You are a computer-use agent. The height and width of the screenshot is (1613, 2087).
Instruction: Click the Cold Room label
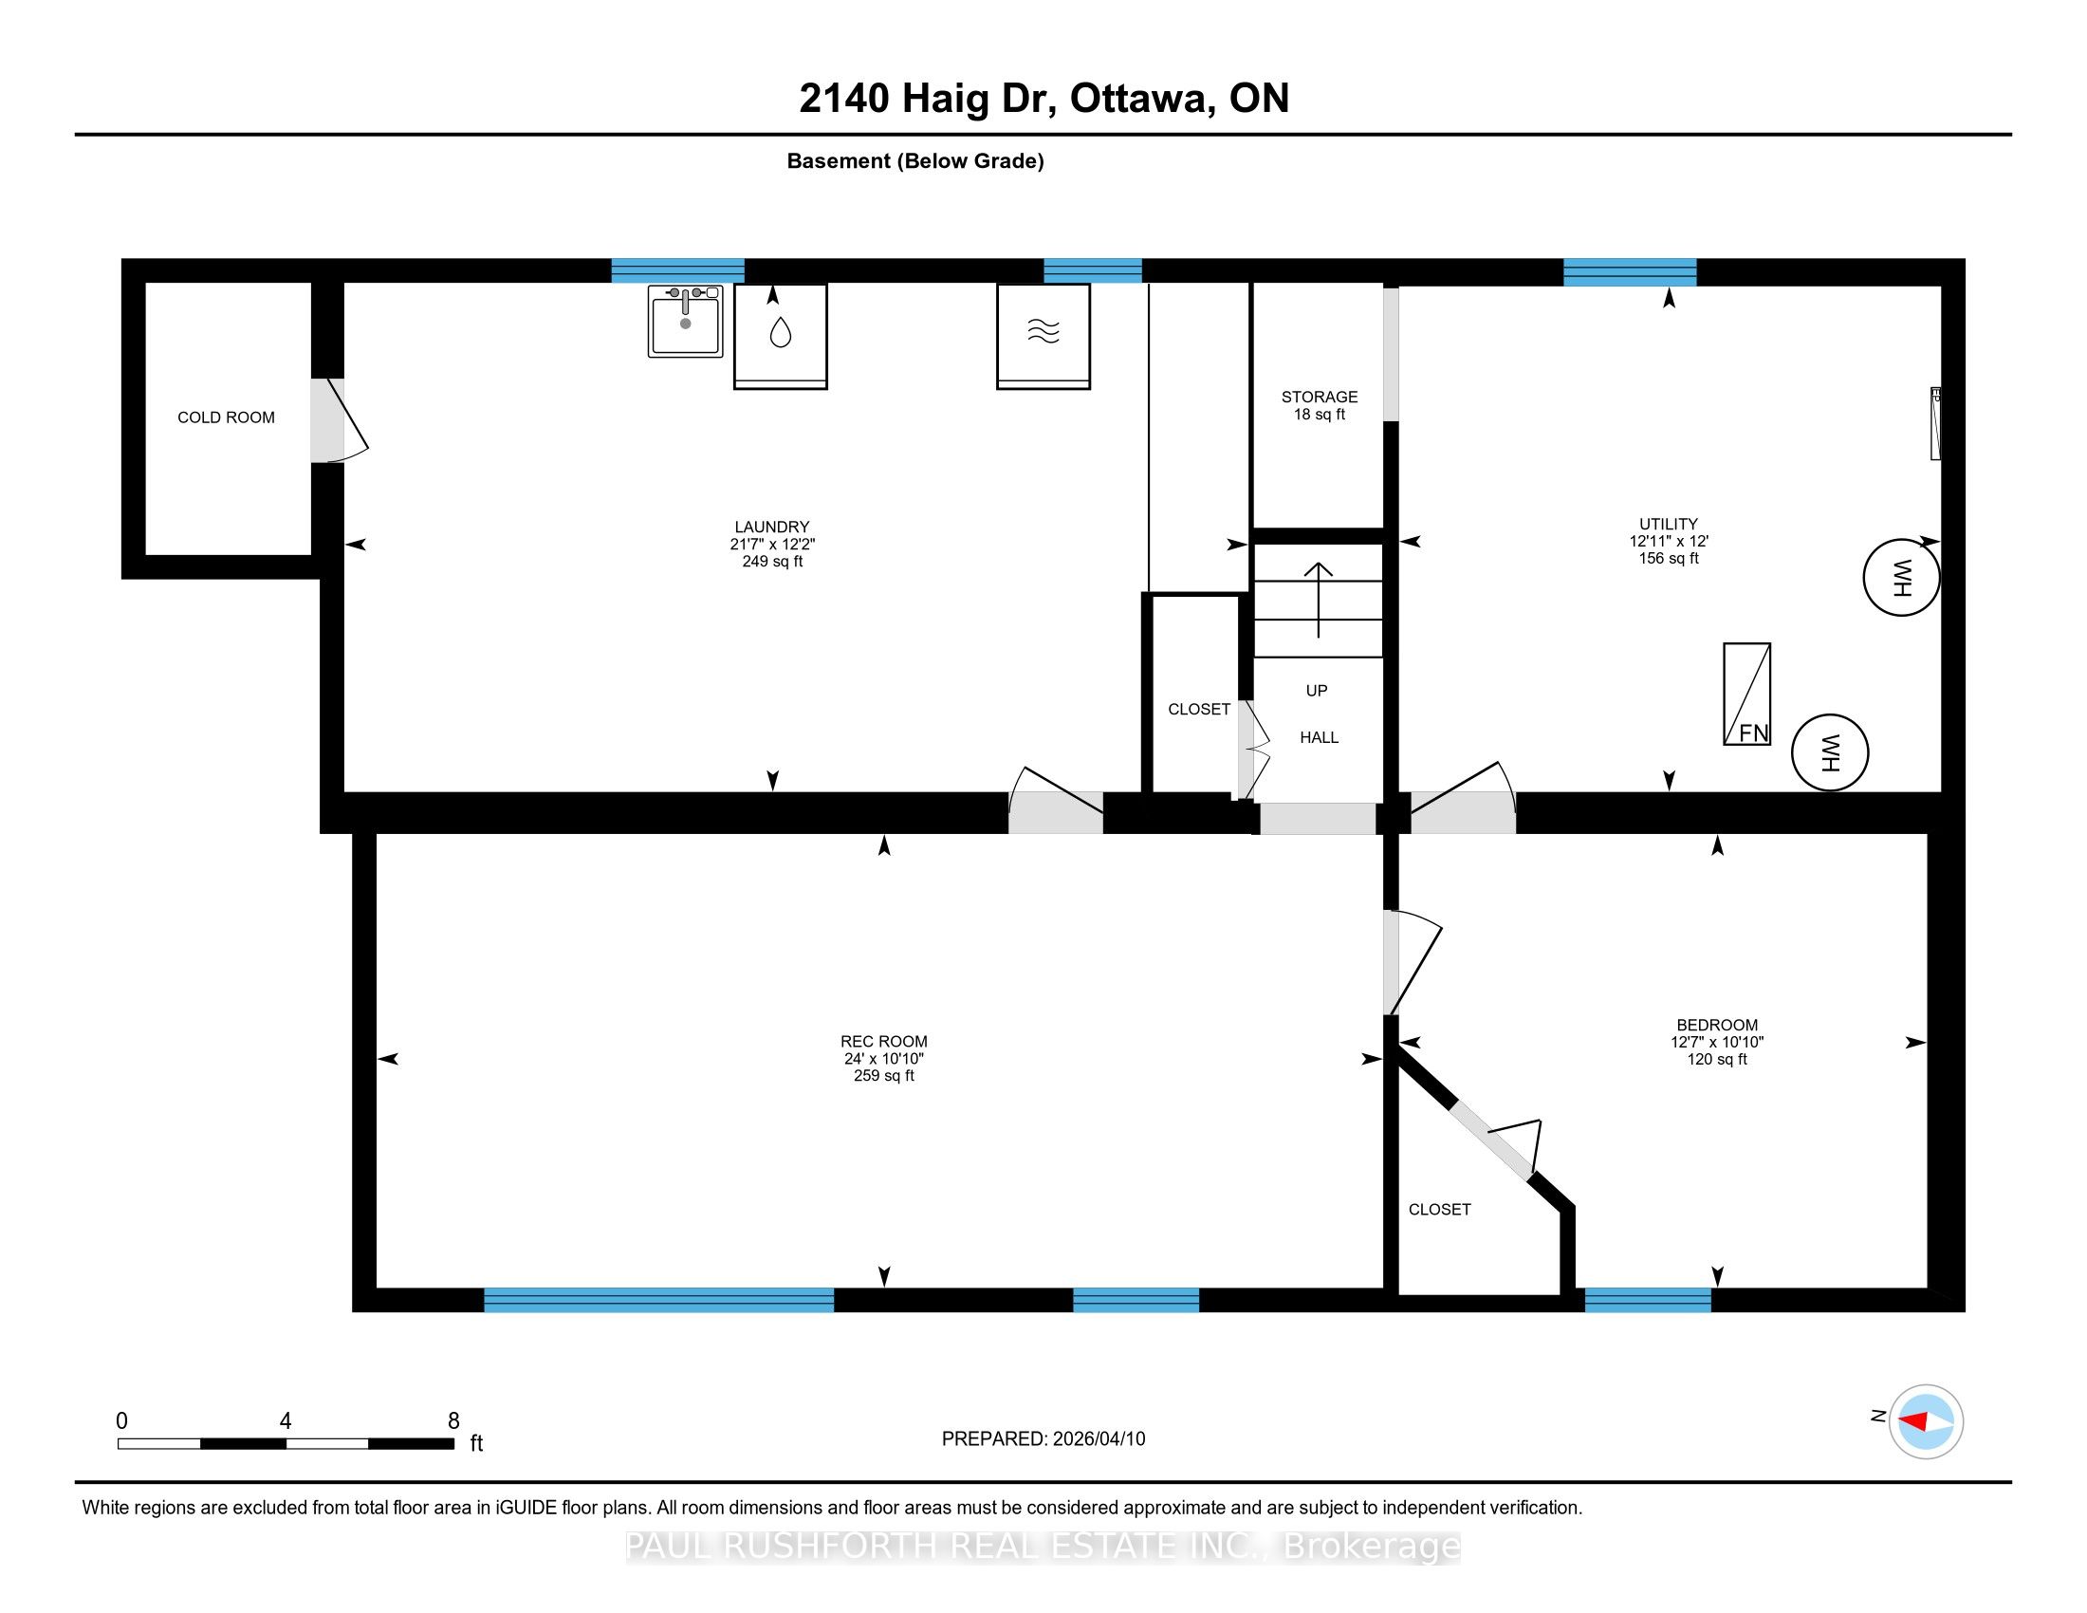pos(227,417)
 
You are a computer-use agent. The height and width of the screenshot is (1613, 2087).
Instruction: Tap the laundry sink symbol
pos(685,321)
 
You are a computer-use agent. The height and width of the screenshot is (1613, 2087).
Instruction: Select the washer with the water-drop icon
pos(781,337)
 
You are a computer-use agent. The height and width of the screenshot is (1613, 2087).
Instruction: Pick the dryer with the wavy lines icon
pos(1043,337)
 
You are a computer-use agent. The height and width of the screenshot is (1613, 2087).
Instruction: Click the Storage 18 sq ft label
pos(1320,405)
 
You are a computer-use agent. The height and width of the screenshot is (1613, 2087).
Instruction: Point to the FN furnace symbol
pos(1746,694)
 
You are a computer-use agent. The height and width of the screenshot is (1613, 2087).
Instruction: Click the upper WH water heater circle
pos(1902,577)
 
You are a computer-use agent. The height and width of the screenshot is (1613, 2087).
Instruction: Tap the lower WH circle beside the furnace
pos(1830,753)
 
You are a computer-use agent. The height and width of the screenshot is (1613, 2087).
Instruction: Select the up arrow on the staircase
pos(1319,600)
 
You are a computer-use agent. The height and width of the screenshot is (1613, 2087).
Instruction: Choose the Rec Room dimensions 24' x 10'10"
pos(884,1059)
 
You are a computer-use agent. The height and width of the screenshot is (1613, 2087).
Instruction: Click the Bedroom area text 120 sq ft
pos(1717,1059)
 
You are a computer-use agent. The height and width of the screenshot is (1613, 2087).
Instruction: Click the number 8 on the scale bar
pos(453,1421)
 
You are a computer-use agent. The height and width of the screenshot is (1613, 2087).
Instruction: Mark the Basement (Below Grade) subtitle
pos(915,161)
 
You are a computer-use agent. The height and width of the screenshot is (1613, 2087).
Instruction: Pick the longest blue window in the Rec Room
pos(659,1300)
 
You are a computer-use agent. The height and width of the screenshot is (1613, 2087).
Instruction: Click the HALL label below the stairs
pos(1319,737)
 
